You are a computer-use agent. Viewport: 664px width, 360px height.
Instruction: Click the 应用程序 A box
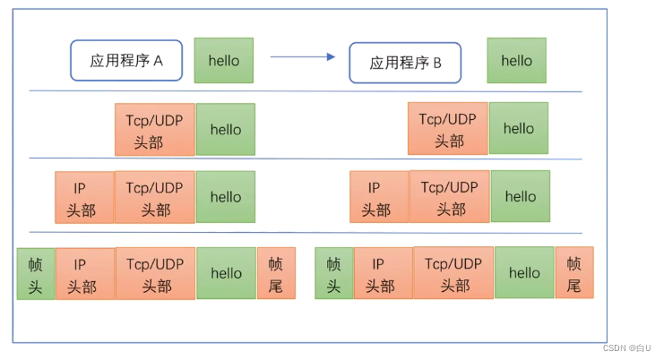[126, 61]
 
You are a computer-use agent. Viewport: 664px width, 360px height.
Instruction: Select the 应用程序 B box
[405, 63]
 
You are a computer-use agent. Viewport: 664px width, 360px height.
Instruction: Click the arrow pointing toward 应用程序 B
[302, 57]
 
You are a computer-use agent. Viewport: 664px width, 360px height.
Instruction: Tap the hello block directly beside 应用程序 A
[223, 61]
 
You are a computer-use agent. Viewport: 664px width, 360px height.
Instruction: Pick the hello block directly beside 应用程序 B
[516, 61]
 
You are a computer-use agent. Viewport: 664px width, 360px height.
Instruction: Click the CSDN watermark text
[626, 348]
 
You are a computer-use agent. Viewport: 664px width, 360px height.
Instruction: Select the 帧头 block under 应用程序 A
[35, 274]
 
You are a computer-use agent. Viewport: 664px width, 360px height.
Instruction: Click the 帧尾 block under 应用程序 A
[276, 274]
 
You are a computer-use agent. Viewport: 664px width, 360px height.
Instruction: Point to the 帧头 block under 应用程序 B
[333, 274]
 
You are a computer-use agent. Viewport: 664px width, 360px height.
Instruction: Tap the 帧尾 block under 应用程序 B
[574, 274]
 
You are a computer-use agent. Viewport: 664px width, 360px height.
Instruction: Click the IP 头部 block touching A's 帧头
[84, 274]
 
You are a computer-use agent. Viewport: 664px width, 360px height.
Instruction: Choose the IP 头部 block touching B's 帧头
[383, 274]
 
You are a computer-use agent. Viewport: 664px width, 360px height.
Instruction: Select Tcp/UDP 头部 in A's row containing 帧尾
[156, 274]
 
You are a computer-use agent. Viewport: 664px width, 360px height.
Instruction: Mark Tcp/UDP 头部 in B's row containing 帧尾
[454, 274]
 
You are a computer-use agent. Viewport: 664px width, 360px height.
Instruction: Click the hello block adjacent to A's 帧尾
[226, 274]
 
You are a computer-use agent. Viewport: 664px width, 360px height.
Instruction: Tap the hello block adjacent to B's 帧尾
[524, 273]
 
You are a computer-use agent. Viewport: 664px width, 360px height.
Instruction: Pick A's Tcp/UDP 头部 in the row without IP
[155, 130]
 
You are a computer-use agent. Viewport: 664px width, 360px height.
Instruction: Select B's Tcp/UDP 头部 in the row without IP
[448, 129]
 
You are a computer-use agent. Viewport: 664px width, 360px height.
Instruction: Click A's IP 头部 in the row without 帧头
[84, 198]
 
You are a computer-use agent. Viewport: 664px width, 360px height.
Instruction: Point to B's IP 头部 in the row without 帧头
[379, 198]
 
